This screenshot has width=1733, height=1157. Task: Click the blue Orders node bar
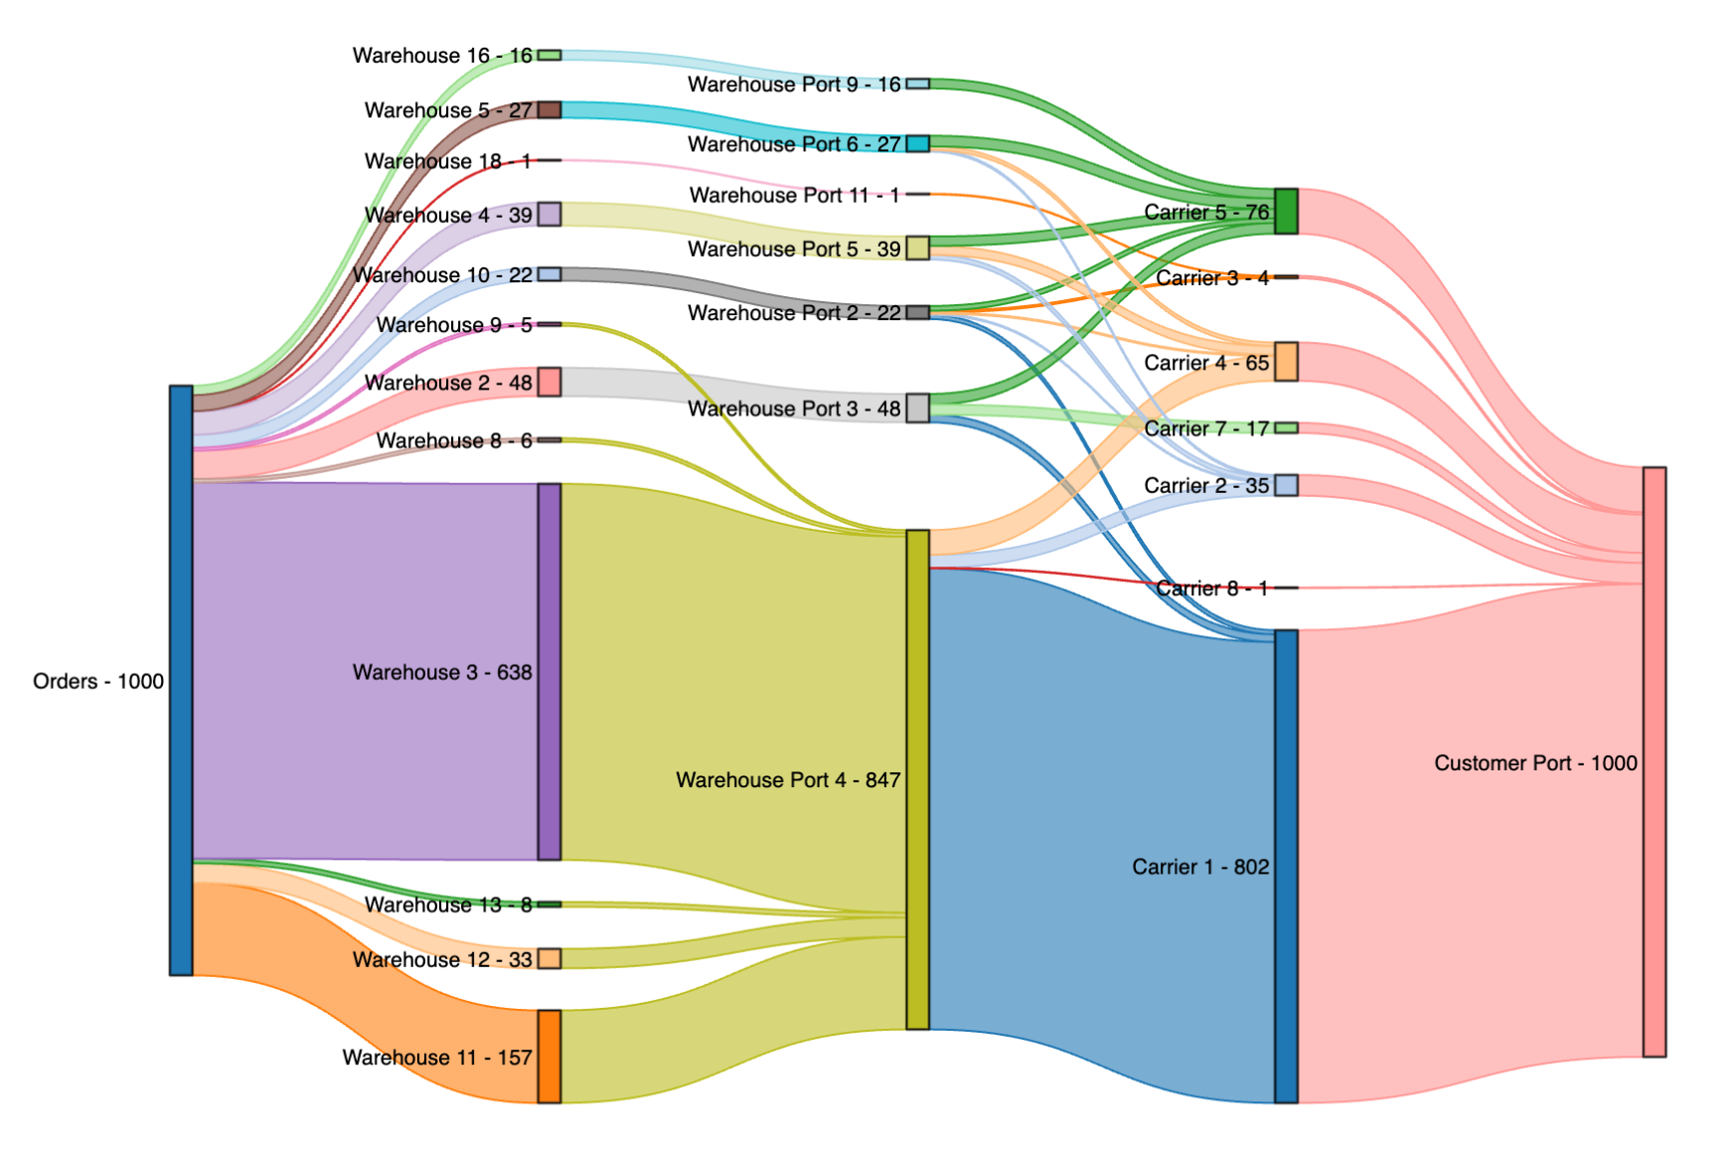click(x=181, y=680)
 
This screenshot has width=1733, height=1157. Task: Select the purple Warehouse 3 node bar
click(x=550, y=672)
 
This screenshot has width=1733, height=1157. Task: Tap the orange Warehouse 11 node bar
click(x=550, y=1057)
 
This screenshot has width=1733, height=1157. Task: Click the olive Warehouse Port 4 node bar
click(x=918, y=779)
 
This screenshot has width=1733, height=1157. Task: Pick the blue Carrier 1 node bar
click(x=1286, y=866)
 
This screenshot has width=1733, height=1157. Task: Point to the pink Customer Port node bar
click(x=1654, y=761)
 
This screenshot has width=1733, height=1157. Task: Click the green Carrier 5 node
click(x=1286, y=212)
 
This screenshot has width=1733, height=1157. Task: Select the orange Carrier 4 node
click(x=1286, y=362)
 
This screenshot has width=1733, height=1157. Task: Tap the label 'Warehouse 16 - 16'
click(x=442, y=56)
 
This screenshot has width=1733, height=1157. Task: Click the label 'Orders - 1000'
click(x=98, y=681)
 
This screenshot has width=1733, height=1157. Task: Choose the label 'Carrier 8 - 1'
click(x=1212, y=588)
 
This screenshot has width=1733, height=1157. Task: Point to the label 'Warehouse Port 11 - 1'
click(x=795, y=195)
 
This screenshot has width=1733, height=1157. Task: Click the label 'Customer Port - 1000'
click(x=1535, y=763)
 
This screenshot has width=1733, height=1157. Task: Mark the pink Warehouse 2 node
click(x=550, y=382)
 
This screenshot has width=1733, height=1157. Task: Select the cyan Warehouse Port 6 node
click(x=918, y=144)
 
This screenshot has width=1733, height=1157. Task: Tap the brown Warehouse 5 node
click(x=550, y=109)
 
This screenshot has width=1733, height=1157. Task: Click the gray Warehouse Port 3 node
click(x=918, y=408)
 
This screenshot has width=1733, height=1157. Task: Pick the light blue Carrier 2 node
click(x=1286, y=485)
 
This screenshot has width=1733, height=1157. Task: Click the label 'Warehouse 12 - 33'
click(x=442, y=959)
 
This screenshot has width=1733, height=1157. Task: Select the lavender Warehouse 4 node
click(x=550, y=214)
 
